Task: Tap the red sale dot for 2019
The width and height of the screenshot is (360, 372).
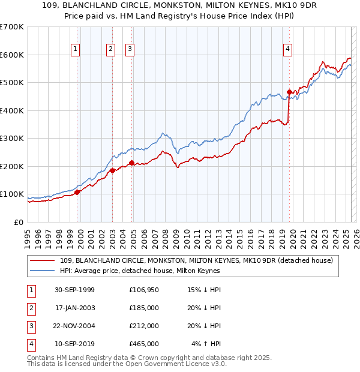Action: pyautogui.click(x=289, y=92)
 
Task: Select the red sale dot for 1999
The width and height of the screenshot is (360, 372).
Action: pyautogui.click(x=77, y=192)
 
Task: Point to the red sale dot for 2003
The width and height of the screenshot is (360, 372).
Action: pyautogui.click(x=112, y=170)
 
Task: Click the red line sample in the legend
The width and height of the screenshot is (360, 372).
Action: pyautogui.click(x=43, y=261)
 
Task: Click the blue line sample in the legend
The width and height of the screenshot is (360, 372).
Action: pyautogui.click(x=43, y=271)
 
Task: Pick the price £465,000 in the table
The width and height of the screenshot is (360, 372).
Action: pyautogui.click(x=144, y=344)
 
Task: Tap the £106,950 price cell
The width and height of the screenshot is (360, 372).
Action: pyautogui.click(x=144, y=290)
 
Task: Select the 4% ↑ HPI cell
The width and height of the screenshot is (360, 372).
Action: pyautogui.click(x=206, y=344)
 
